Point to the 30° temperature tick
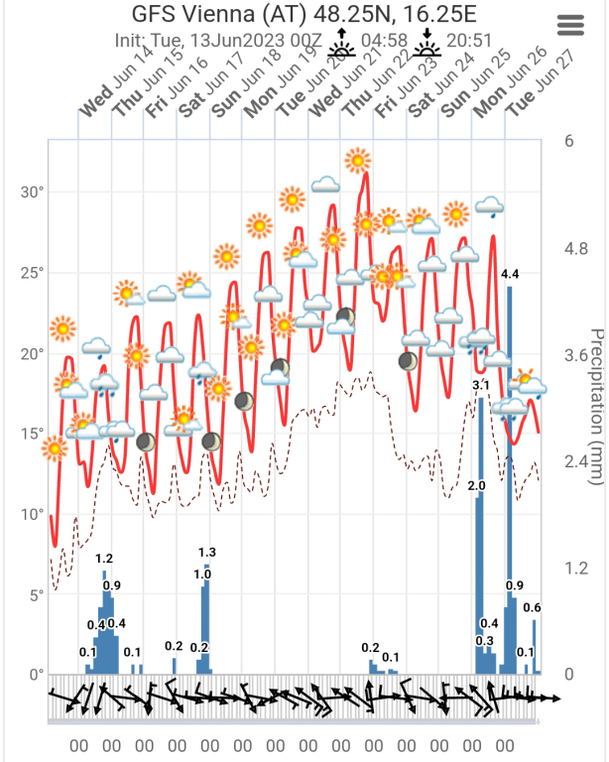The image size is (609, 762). pyautogui.click(x=33, y=191)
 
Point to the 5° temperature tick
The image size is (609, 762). pyautogui.click(x=36, y=595)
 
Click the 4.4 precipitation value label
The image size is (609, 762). pyautogui.click(x=510, y=273)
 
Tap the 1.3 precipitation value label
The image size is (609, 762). pyautogui.click(x=207, y=552)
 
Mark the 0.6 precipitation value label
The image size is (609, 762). pyautogui.click(x=532, y=607)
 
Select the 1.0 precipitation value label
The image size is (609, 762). pyautogui.click(x=201, y=573)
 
